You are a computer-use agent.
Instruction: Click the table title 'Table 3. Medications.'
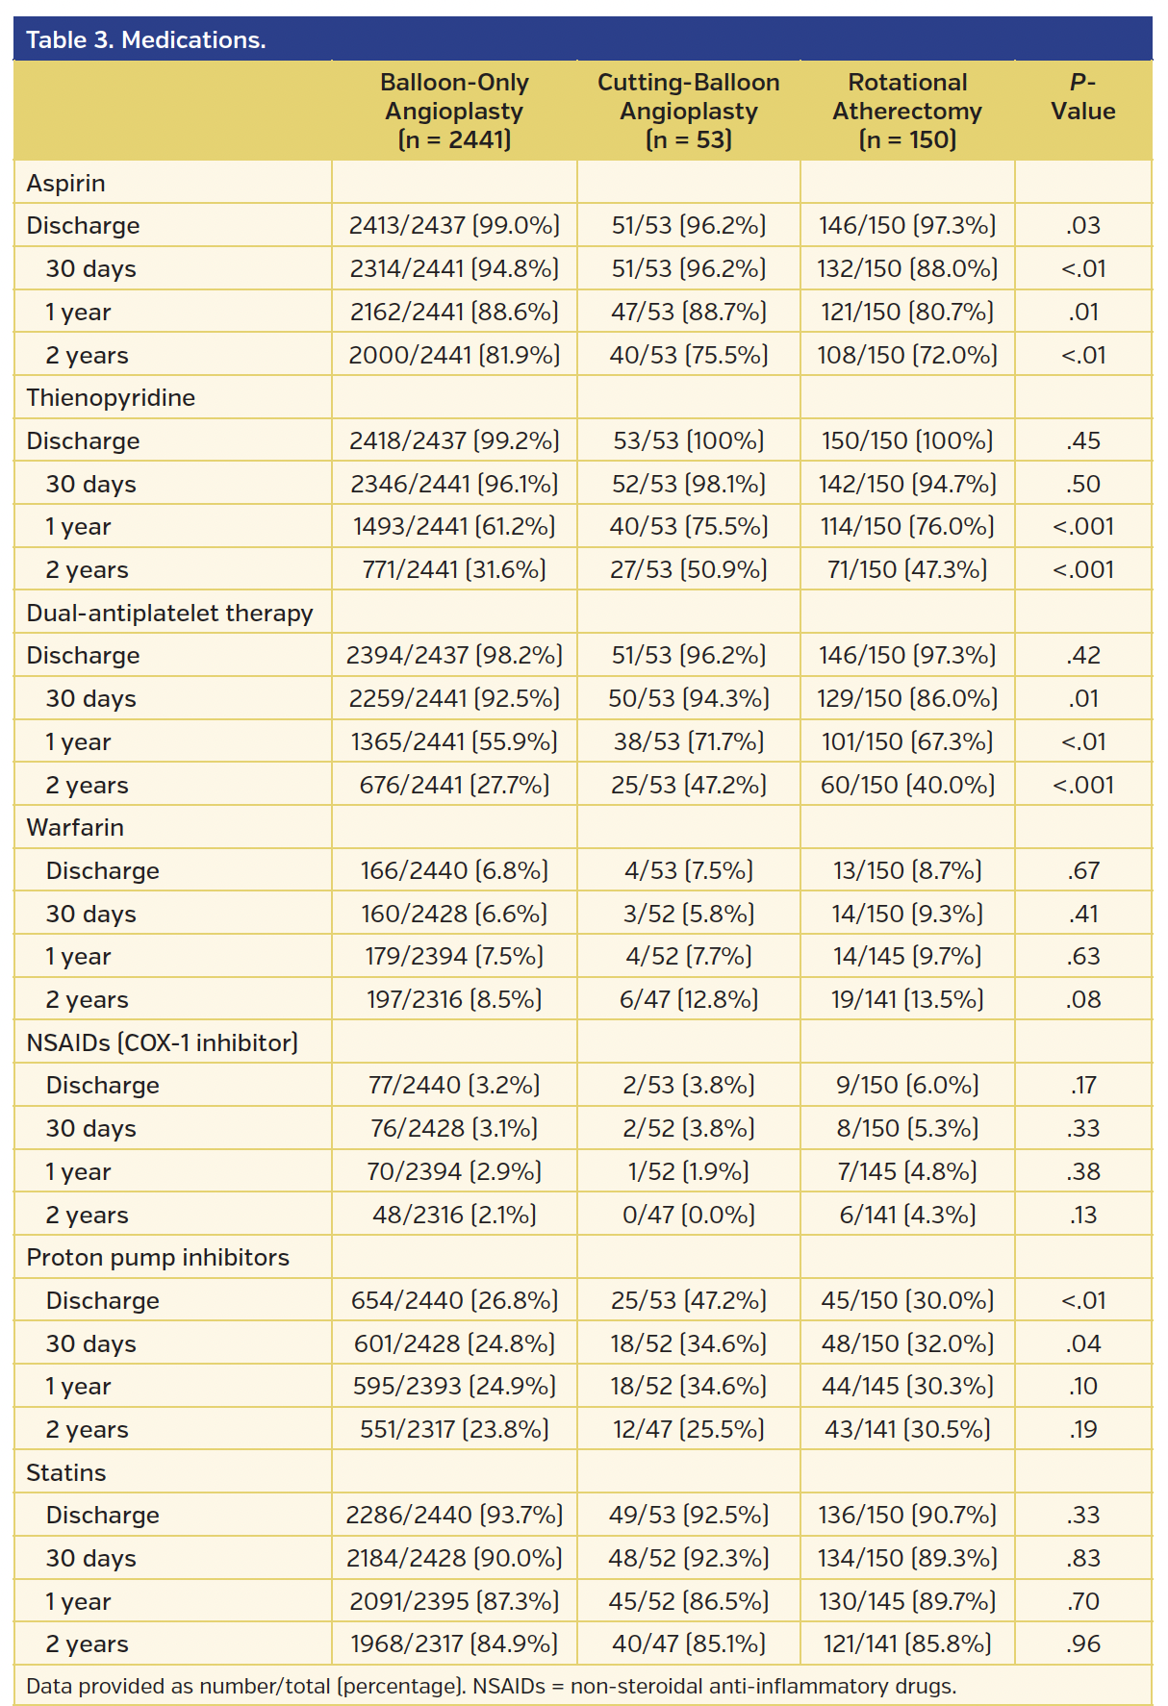coord(146,39)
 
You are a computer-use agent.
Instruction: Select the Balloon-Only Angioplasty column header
coord(454,111)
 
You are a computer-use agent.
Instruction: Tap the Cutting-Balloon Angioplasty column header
coord(688,111)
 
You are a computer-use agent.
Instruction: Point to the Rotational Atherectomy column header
coord(907,111)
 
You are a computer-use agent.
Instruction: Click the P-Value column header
coord(1082,97)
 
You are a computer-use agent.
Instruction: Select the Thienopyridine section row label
coord(111,397)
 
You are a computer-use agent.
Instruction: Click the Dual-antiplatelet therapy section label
coord(169,613)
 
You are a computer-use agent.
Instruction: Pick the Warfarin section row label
coord(75,827)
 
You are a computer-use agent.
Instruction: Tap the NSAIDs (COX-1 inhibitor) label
coord(162,1042)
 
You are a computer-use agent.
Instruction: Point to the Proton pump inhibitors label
coord(158,1257)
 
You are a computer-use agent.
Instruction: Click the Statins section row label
coord(65,1472)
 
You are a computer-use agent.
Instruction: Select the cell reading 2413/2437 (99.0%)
coord(454,225)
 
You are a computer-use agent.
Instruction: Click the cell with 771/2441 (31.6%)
coord(454,569)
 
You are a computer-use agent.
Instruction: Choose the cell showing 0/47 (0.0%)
coord(688,1215)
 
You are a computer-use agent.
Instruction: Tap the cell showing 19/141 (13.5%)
coord(907,999)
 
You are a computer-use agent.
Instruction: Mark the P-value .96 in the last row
coord(1082,1643)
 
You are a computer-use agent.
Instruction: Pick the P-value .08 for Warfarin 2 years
coord(1082,999)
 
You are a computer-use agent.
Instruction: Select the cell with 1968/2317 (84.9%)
coord(454,1643)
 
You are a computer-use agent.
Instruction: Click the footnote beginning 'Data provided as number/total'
coord(491,1686)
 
